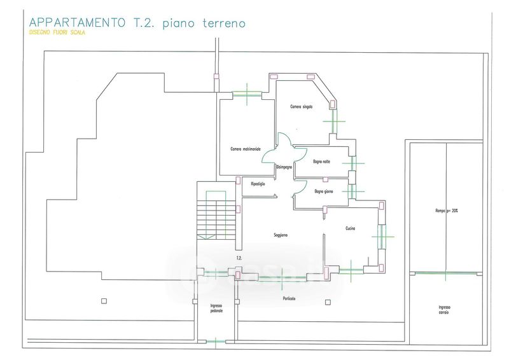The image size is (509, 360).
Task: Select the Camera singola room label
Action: coord(302,106)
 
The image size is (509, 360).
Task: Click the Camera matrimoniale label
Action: coord(245,149)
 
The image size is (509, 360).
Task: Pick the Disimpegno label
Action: coord(284,167)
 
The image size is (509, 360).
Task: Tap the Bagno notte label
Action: coord(322,161)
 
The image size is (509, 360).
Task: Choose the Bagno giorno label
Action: coord(324,191)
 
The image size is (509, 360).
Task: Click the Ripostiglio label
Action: coord(258,184)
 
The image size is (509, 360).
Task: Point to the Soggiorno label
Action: coord(281,235)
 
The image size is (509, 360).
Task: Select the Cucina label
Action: coord(351,228)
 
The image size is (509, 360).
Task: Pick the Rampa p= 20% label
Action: coord(445,211)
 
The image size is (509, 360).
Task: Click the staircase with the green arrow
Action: coord(216,216)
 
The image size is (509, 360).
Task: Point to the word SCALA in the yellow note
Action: coord(75,33)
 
